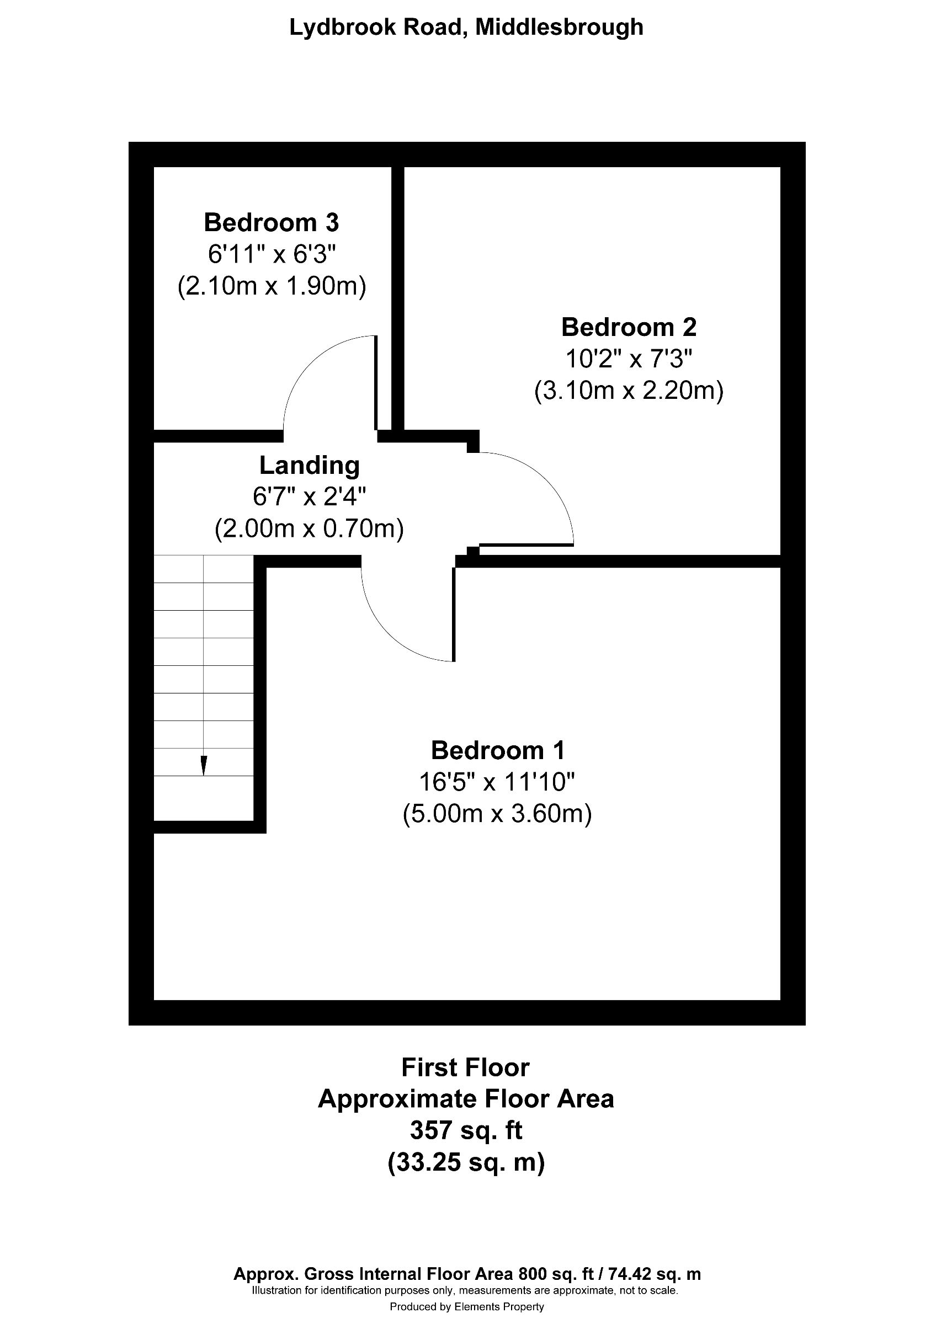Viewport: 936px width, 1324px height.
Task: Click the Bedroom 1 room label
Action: (x=497, y=750)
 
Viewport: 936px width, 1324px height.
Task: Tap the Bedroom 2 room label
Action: (x=629, y=328)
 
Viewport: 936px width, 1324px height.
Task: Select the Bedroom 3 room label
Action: (x=271, y=222)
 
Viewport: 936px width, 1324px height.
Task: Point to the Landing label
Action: (x=309, y=466)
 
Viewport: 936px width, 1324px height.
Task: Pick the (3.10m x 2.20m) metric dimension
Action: (x=629, y=391)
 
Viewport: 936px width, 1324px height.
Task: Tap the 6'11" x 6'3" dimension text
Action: (x=271, y=254)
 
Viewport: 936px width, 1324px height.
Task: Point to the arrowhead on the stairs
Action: (x=204, y=766)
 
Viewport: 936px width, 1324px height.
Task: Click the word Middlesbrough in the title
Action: (x=559, y=27)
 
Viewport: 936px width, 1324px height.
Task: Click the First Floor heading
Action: (x=465, y=1067)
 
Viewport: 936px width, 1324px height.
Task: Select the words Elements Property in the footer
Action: (x=499, y=1307)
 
